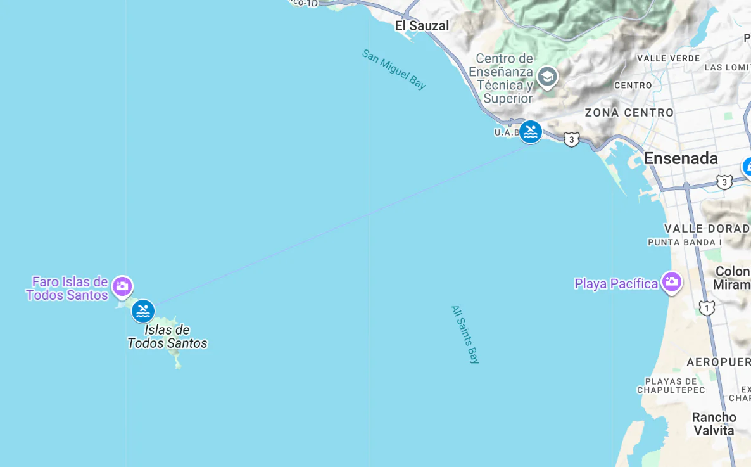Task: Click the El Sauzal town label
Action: click(422, 25)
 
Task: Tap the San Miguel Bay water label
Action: click(394, 69)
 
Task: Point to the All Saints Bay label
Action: click(465, 335)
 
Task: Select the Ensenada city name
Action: click(681, 158)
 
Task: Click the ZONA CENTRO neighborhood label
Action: click(629, 113)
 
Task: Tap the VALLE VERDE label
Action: click(668, 58)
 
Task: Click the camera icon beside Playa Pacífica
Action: click(671, 282)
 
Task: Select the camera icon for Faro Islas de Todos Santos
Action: click(122, 287)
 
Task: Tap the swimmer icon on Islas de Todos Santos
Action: click(143, 311)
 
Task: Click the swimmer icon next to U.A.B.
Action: click(531, 132)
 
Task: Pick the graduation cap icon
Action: click(547, 77)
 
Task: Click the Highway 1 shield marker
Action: click(707, 308)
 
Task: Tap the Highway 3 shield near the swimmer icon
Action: click(571, 139)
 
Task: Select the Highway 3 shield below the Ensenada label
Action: click(724, 182)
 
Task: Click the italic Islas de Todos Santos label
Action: click(167, 336)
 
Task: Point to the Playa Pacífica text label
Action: click(615, 283)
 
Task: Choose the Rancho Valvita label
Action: click(714, 424)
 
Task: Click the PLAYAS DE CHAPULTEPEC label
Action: click(671, 385)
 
